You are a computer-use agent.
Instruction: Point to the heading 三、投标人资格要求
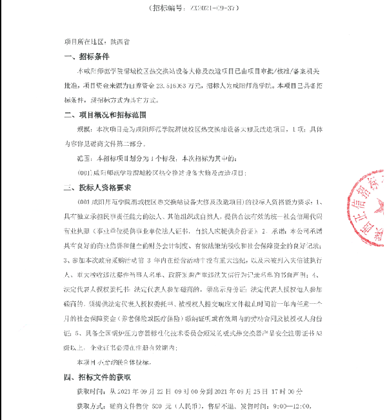[97, 188]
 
